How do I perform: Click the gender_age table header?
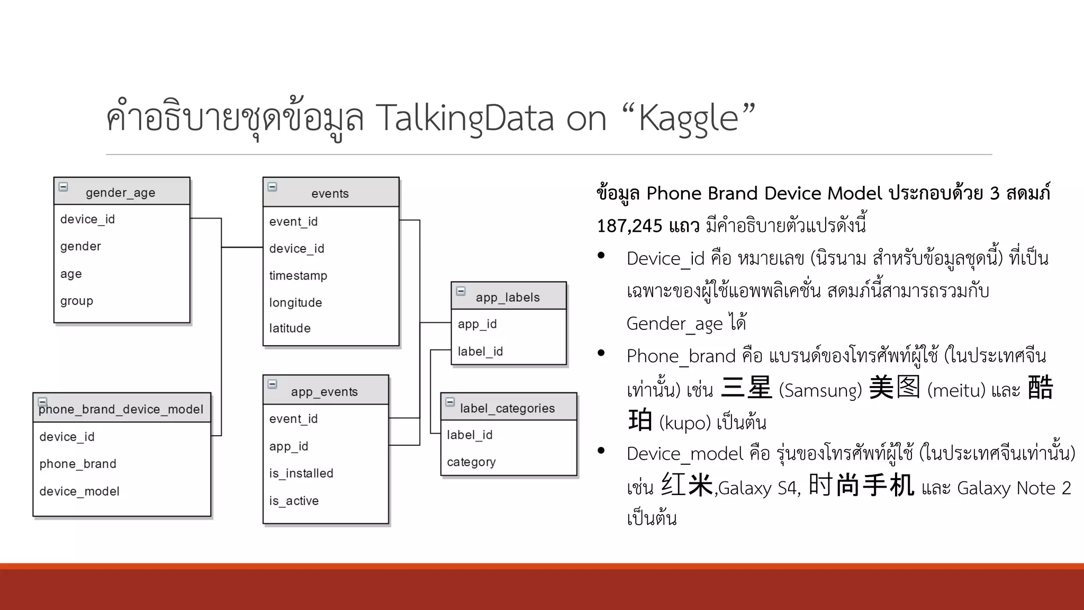coord(121,192)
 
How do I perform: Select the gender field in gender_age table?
coord(80,246)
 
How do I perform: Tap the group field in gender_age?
coord(77,301)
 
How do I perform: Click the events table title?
coord(330,193)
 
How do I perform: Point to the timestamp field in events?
coord(298,275)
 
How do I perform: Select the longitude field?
coord(295,302)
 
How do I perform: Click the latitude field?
coord(290,328)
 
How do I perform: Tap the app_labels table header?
coord(508,297)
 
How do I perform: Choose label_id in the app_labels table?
coord(480,351)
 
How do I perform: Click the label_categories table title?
coord(507,408)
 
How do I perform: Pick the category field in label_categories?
coord(471,462)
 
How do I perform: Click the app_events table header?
coord(324,391)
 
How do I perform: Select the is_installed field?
coord(301,473)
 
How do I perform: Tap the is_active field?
coord(294,500)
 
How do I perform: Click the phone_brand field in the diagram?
coord(78,464)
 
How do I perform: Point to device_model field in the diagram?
coord(79,491)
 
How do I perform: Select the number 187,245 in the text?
coord(629,226)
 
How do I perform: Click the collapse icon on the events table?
coord(273,186)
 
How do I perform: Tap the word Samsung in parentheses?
coord(820,391)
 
